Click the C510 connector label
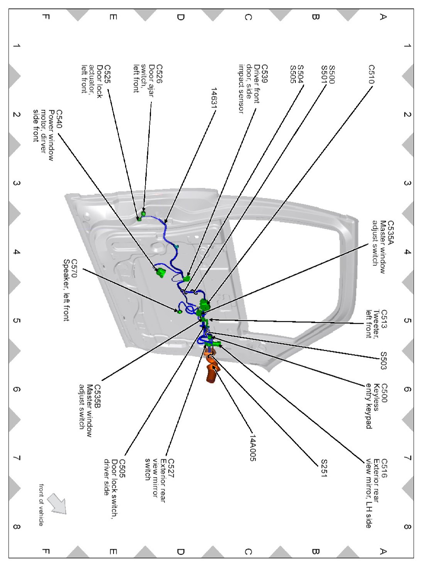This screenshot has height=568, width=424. coord(371,74)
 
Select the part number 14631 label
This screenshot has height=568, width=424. coord(214,96)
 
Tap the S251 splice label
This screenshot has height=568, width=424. coord(324,468)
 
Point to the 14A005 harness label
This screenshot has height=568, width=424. coord(253,448)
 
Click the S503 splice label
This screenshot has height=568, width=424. coord(383,361)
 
